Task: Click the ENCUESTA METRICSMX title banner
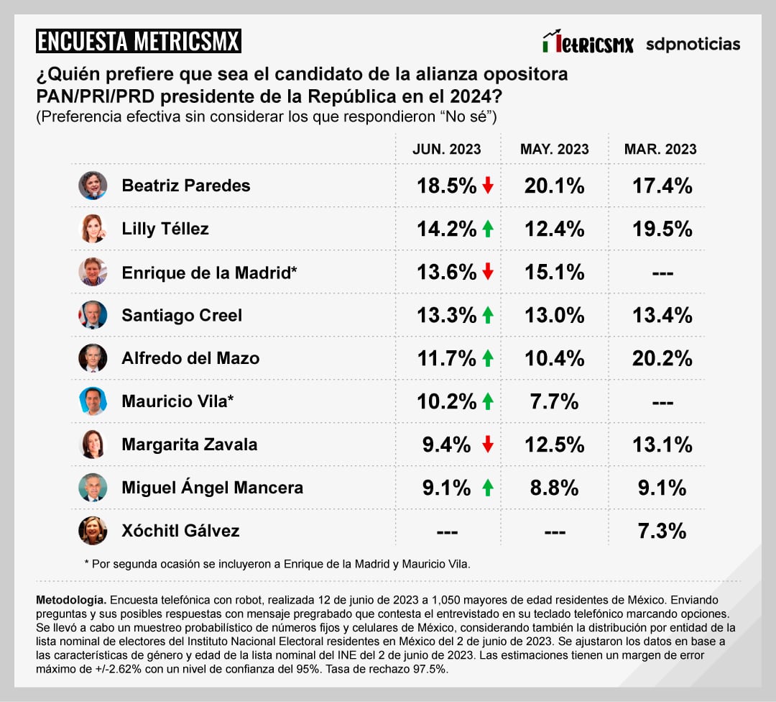tap(138, 41)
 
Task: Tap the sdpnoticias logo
tap(693, 44)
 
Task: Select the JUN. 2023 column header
tap(446, 149)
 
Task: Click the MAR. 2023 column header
tap(660, 149)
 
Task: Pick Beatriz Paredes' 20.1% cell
tap(554, 186)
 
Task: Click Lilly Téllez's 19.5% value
tap(662, 229)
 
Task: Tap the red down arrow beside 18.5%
tap(488, 186)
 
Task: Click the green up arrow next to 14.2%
tap(488, 229)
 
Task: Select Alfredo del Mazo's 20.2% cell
tap(662, 358)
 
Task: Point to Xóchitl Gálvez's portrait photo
tap(93, 531)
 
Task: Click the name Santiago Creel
tap(182, 315)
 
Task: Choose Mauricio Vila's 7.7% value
tap(554, 401)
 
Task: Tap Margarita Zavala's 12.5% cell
tap(554, 445)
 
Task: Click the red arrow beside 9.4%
tap(488, 445)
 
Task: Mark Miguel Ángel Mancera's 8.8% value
tap(554, 488)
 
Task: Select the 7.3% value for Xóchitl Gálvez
tap(662, 531)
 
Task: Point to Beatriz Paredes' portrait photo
tap(93, 186)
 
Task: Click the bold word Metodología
tap(70, 599)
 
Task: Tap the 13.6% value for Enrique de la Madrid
tap(447, 272)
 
